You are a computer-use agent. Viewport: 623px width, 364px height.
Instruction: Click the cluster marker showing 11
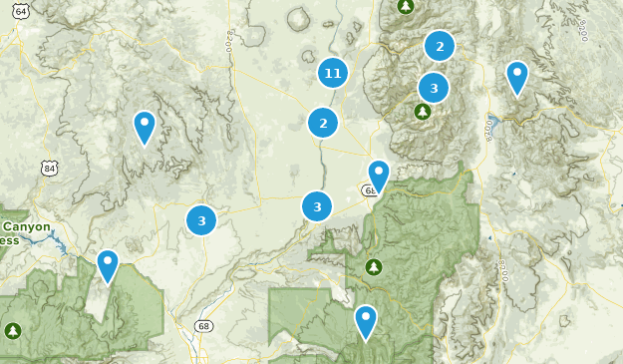(334, 73)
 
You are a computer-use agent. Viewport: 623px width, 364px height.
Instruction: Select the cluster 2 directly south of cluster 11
(322, 124)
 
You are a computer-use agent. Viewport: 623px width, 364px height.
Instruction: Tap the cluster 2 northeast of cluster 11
(439, 46)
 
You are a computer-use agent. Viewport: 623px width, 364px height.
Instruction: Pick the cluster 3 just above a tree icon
(434, 88)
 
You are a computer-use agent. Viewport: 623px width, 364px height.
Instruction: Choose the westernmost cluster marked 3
(201, 219)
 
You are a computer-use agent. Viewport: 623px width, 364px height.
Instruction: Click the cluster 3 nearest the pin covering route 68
(317, 207)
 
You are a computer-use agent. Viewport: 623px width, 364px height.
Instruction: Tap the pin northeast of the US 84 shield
(145, 128)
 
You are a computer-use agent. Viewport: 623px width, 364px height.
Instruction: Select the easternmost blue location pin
(516, 78)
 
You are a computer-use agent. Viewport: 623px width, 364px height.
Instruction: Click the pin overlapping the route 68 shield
(378, 177)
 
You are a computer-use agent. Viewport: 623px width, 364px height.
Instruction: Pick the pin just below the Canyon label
(107, 266)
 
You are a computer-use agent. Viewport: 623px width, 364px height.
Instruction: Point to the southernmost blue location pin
(366, 322)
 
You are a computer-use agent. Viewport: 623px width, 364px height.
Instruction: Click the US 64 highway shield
(22, 11)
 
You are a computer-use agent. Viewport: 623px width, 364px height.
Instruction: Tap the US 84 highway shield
(50, 169)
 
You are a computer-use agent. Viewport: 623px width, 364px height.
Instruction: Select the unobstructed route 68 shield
(204, 326)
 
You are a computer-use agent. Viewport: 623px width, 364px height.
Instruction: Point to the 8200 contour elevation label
(229, 39)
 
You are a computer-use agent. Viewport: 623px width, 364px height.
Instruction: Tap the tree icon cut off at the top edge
(405, 6)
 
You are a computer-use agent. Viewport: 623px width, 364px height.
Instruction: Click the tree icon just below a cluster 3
(422, 112)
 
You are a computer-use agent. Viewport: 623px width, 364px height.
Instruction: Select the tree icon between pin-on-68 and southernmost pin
(374, 266)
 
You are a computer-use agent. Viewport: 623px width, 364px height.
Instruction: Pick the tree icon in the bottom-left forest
(12, 330)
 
